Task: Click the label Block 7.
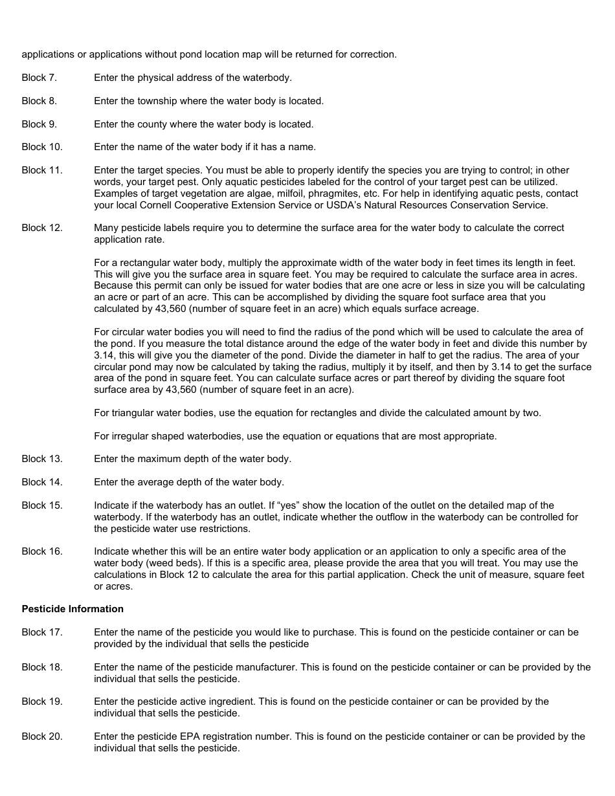(x=39, y=78)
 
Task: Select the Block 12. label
(x=42, y=228)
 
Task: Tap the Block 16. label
(x=42, y=551)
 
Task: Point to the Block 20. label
(x=42, y=736)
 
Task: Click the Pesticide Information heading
(x=73, y=609)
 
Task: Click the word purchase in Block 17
(x=330, y=632)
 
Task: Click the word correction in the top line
(x=373, y=54)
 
